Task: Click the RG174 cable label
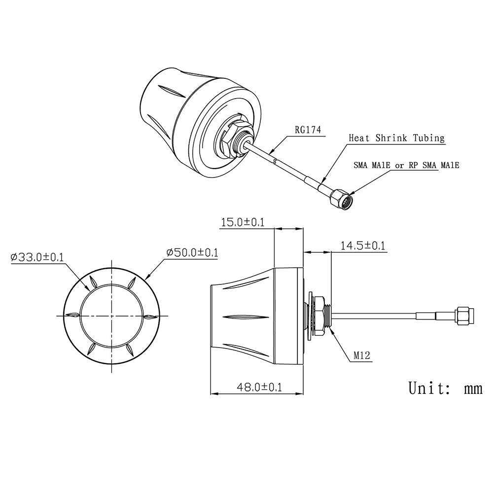point(308,130)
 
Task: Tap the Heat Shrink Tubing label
point(396,138)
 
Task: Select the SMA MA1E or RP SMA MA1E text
point(406,166)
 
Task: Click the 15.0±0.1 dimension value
point(243,222)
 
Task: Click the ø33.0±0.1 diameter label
point(36,257)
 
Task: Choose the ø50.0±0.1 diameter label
point(192,252)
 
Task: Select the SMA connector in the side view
point(464,316)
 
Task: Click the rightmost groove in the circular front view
point(150,316)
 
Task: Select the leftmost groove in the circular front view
point(74,316)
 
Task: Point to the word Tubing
point(428,138)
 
